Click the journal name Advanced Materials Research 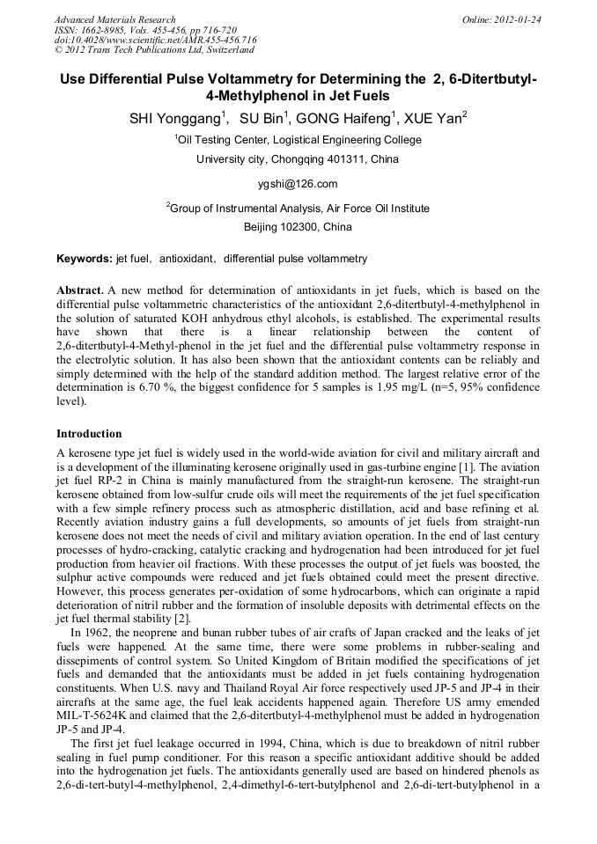point(114,19)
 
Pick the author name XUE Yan point(433,117)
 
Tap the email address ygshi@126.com point(298,184)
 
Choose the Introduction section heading point(89,434)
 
